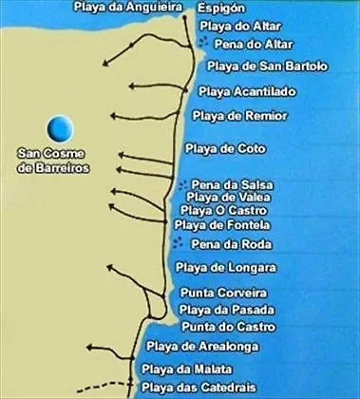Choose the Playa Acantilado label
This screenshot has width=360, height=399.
click(x=247, y=92)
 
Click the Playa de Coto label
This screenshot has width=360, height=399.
click(x=226, y=149)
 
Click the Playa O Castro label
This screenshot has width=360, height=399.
click(x=224, y=210)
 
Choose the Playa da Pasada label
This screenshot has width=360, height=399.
click(x=226, y=311)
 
